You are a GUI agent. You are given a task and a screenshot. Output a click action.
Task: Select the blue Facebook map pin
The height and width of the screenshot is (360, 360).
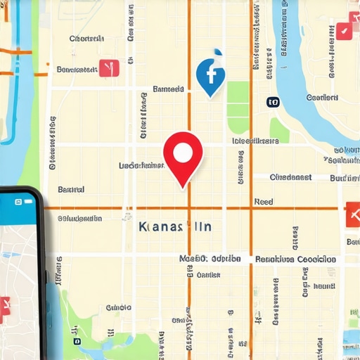210,77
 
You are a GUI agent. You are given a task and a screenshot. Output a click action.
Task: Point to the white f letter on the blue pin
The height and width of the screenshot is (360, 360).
210,73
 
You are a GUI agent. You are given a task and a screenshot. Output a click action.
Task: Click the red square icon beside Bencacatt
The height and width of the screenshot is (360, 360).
109,68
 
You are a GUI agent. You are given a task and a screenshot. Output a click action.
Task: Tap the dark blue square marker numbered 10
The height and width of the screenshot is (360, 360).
273,102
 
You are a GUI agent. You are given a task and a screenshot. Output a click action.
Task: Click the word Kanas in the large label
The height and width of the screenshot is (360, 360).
151,227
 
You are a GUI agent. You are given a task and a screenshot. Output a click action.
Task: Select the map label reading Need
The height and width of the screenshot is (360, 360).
263,202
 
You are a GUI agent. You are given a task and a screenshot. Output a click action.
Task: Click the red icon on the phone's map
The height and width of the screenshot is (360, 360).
4,307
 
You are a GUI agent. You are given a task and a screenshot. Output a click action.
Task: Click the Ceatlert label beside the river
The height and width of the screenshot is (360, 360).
323,98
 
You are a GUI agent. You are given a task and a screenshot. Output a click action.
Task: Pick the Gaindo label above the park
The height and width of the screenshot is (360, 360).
118,307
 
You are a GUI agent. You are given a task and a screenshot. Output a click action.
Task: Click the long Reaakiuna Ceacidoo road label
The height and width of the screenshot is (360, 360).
295,259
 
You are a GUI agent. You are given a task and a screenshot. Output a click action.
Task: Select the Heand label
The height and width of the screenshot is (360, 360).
323,286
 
